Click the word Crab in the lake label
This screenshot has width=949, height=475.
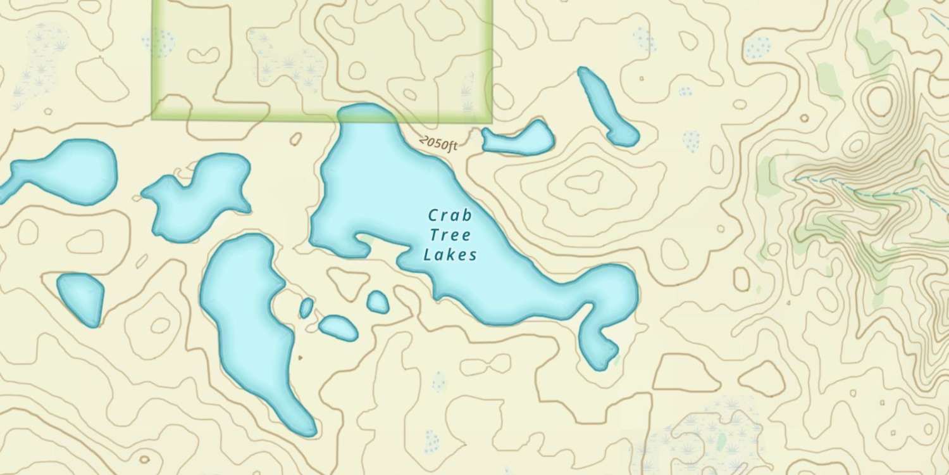(x=450, y=216)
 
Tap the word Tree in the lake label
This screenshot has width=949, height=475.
(x=450, y=236)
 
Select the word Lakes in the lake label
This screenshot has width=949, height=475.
(x=450, y=255)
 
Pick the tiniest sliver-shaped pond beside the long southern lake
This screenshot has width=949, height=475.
(x=306, y=308)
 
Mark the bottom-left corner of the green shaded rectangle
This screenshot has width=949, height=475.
(x=153, y=118)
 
